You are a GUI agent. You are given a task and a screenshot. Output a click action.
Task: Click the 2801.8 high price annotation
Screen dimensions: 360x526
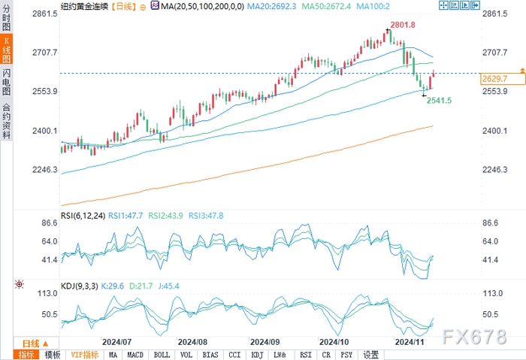[403, 25]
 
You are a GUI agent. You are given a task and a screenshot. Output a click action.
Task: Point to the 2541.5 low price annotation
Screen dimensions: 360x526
[439, 100]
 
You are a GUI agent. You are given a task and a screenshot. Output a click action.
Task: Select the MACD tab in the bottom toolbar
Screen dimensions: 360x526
[135, 354]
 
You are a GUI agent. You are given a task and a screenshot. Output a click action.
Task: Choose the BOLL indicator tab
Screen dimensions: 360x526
[161, 354]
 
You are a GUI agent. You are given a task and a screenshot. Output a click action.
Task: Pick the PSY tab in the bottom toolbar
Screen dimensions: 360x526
[346, 354]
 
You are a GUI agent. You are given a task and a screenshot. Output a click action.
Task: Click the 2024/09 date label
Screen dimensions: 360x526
[265, 341]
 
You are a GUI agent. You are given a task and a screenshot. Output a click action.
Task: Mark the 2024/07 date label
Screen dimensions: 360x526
[117, 341]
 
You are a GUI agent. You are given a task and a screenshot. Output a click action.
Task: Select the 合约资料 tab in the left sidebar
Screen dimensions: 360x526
[8, 121]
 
